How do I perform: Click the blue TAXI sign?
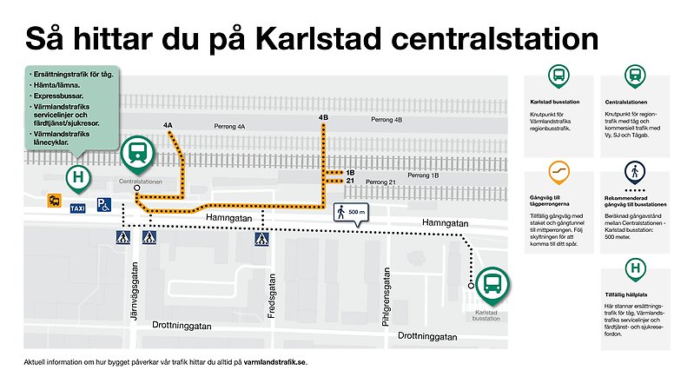click(77, 208)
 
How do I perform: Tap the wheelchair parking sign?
click(102, 205)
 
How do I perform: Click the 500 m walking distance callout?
click(351, 212)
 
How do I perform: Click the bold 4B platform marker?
click(323, 117)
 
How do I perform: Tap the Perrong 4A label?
click(230, 127)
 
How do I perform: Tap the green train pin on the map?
click(137, 154)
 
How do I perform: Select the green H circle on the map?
click(79, 177)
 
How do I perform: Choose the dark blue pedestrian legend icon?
click(634, 170)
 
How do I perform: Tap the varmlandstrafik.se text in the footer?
click(275, 361)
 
